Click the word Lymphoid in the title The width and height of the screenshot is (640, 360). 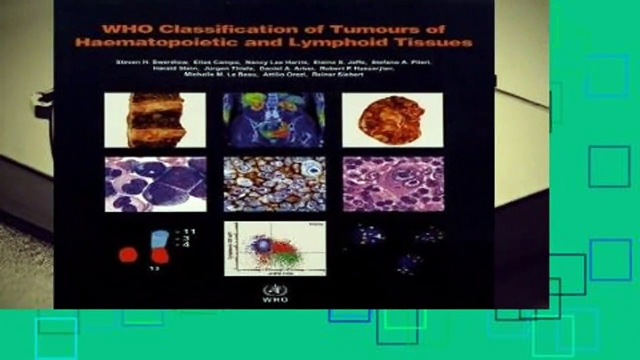324,42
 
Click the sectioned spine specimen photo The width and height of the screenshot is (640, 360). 155,120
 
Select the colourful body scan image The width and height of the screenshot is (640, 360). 274,120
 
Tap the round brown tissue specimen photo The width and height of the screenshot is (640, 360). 392,120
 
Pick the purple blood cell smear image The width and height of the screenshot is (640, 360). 155,184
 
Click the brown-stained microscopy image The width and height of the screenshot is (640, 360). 274,184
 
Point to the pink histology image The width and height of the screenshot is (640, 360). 393,184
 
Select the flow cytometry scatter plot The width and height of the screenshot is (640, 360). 275,248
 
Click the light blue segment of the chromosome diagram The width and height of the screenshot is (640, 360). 159,239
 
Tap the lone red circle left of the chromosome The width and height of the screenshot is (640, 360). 128,255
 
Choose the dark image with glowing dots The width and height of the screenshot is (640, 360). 393,248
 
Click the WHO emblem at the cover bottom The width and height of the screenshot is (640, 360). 268,289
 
